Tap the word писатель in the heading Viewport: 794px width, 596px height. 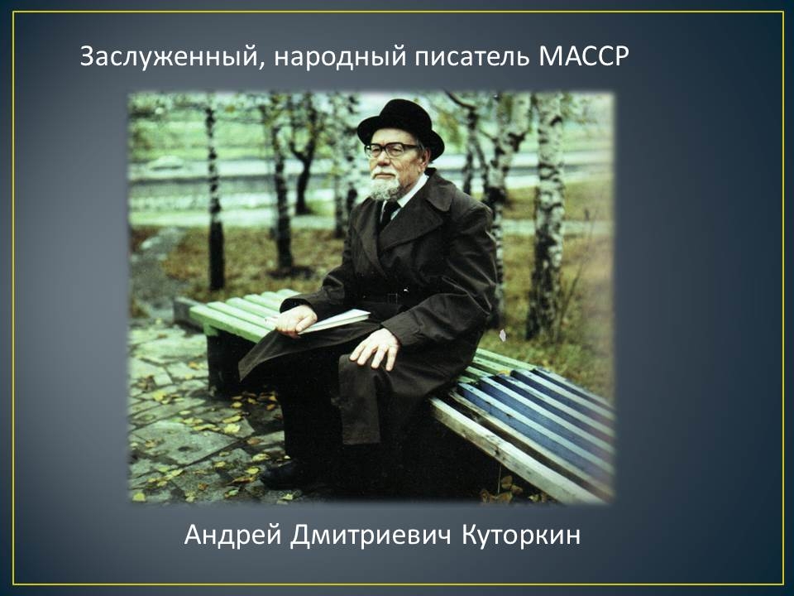(x=473, y=57)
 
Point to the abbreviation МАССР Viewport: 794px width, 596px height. (x=584, y=56)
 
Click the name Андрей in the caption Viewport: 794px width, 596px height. (x=232, y=536)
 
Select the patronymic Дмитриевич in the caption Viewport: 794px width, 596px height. (x=371, y=536)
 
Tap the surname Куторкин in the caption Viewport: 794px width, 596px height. (x=522, y=536)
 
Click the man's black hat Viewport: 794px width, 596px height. (x=400, y=126)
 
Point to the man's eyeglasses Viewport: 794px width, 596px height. (x=391, y=150)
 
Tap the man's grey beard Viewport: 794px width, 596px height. (x=386, y=186)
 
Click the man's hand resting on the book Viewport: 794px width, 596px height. (x=296, y=320)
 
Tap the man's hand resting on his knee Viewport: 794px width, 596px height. (x=375, y=348)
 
